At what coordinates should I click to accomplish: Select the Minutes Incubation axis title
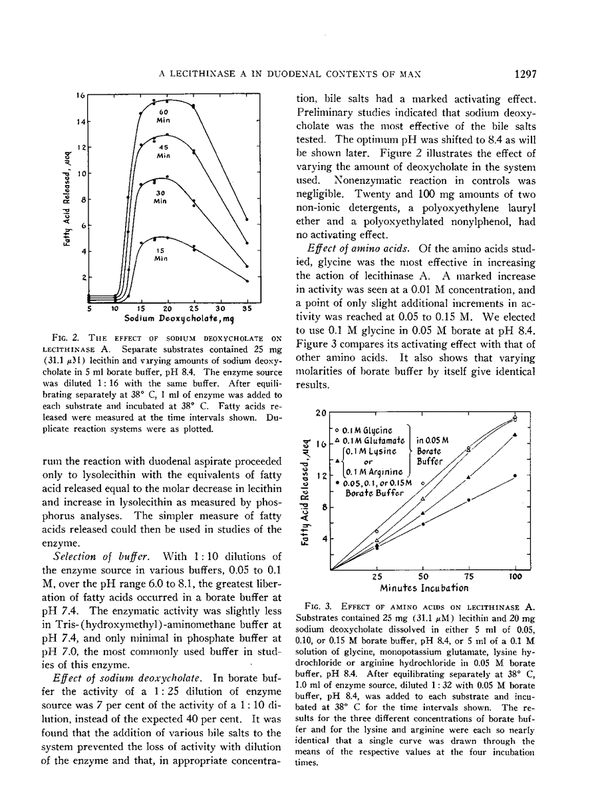pyautogui.click(x=424, y=588)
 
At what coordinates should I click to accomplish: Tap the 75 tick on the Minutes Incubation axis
pyautogui.click(x=469, y=577)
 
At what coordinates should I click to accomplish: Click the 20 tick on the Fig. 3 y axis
pyautogui.click(x=321, y=413)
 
